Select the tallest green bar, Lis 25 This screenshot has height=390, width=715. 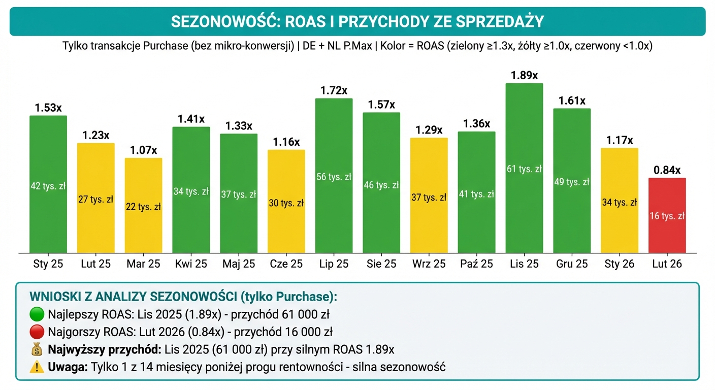point(525,168)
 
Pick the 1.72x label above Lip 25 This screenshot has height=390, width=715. point(334,91)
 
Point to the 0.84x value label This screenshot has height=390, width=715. point(667,171)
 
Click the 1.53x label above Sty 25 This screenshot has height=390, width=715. point(48,108)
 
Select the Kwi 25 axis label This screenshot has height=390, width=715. point(191,264)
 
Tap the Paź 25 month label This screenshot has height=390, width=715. point(477,264)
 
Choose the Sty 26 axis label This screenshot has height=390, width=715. point(620,264)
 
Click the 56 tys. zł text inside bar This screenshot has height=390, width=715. point(334,177)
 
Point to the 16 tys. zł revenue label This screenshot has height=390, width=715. point(667,216)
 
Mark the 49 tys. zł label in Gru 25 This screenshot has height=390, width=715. point(572,182)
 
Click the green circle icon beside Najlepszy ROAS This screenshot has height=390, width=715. point(37,314)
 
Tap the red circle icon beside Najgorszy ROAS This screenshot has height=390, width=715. point(37,332)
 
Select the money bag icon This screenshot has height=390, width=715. point(37,349)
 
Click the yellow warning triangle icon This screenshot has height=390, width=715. point(37,367)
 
